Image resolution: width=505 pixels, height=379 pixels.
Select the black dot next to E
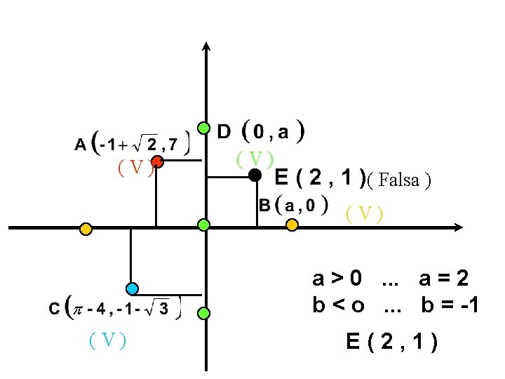[x=255, y=175]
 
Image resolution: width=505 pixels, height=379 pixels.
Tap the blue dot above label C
[x=132, y=288]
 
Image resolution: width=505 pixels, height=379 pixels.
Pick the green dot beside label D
[x=203, y=128]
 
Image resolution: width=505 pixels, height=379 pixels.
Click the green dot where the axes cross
[x=203, y=225]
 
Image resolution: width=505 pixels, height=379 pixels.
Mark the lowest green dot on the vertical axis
[x=203, y=313]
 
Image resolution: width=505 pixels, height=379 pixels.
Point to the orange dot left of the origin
[x=85, y=228]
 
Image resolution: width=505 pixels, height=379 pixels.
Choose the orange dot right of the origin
[x=292, y=225]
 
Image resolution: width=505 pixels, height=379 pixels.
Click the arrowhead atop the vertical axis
[x=206, y=46]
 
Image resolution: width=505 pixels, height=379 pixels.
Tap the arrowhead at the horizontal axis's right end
[x=459, y=227]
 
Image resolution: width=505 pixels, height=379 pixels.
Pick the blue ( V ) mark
[x=107, y=340]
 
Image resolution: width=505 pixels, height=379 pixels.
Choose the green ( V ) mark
[x=254, y=159]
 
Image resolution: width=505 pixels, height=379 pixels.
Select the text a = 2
[x=443, y=279]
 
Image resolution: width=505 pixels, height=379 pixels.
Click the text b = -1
[x=450, y=307]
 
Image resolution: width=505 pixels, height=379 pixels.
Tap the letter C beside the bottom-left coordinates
[x=54, y=309]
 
